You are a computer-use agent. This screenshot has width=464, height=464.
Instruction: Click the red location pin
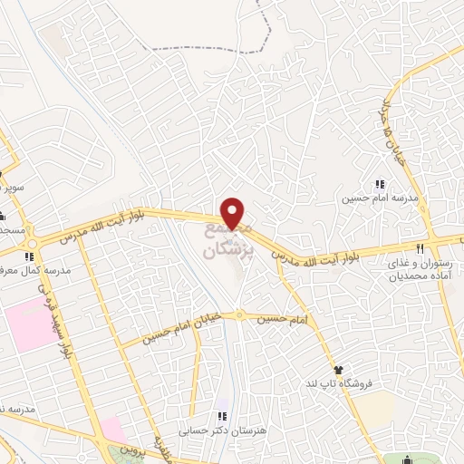(234, 212)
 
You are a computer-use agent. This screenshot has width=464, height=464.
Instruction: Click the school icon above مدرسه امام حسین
(378, 185)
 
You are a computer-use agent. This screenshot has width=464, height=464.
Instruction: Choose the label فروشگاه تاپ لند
(339, 384)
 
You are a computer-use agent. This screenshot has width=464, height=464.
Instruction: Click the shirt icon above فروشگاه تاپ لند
(339, 370)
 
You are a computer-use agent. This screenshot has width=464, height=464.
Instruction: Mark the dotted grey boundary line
(263, 36)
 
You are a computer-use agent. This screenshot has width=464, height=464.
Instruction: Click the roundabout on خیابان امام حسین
(240, 314)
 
